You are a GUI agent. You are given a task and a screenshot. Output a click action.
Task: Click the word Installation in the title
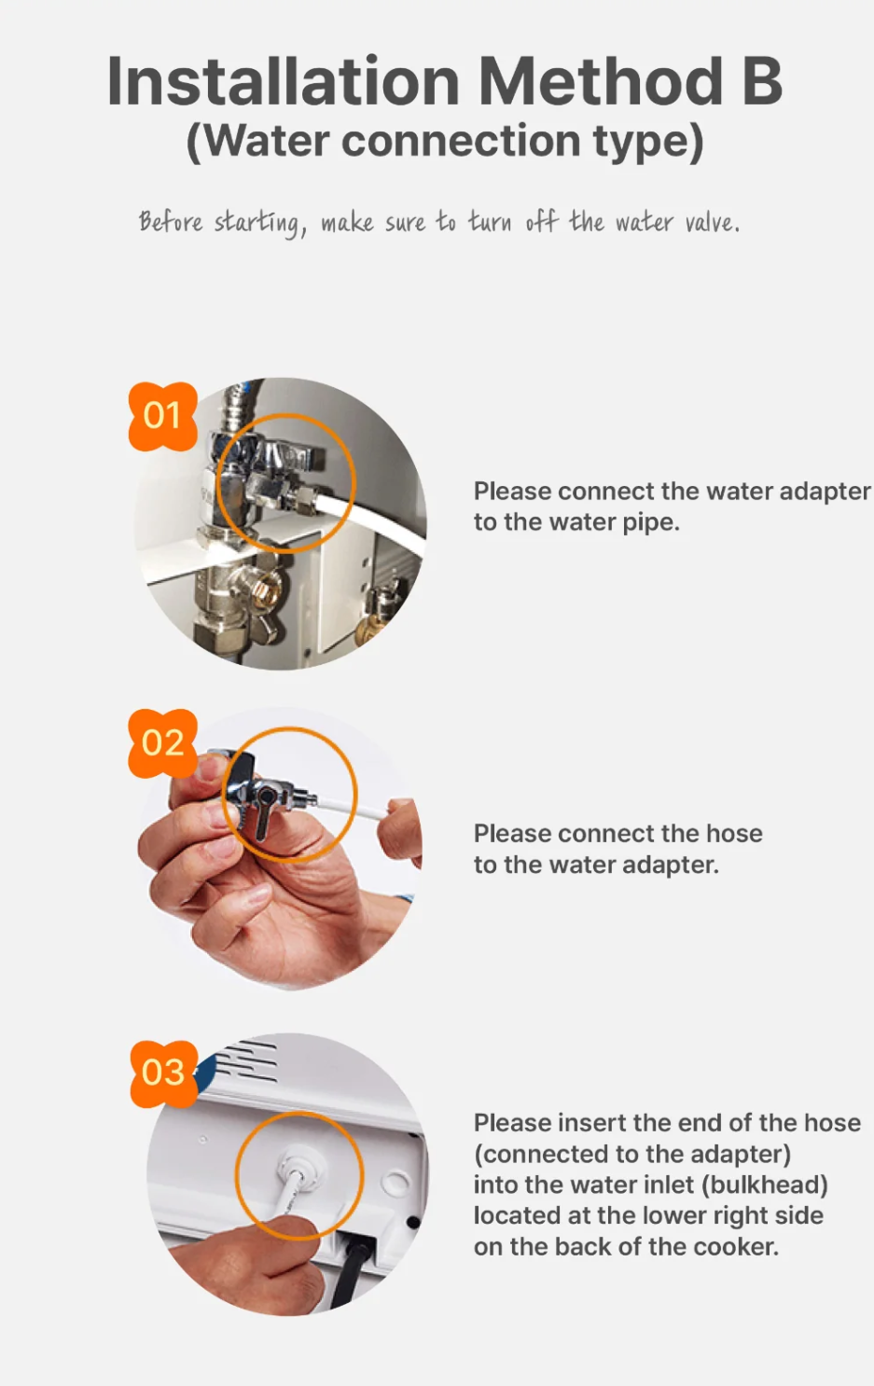(283, 81)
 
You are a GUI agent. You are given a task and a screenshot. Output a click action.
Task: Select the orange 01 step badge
(163, 415)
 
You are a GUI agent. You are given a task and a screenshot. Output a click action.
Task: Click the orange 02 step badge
(163, 742)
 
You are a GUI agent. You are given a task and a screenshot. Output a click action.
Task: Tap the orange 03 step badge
(164, 1073)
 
